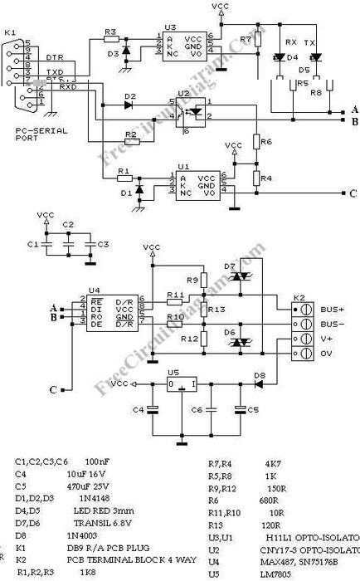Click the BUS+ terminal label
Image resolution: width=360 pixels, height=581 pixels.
point(332,308)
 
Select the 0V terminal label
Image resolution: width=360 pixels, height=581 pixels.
point(328,354)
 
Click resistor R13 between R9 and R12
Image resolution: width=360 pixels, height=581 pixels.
point(204,310)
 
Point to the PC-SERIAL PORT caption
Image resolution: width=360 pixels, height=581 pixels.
point(33,135)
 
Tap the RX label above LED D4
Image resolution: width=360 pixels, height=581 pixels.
point(290,41)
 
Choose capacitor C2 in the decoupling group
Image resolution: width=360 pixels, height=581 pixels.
point(68,245)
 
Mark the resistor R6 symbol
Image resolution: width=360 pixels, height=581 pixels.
point(256,143)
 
